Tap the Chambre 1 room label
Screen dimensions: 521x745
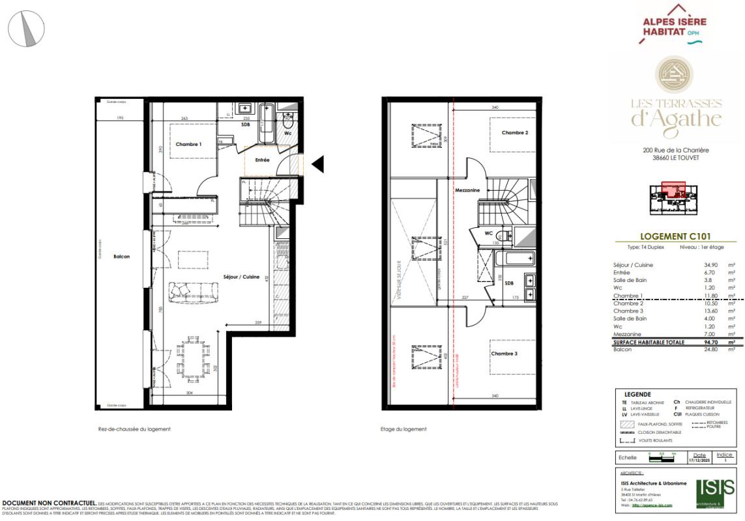click(188, 144)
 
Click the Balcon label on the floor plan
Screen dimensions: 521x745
click(122, 257)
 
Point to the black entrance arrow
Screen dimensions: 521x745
click(317, 165)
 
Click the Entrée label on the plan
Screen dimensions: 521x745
click(262, 160)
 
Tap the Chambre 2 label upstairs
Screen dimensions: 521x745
click(514, 133)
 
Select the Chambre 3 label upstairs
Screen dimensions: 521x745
click(505, 354)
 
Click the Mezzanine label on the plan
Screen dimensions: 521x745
click(468, 190)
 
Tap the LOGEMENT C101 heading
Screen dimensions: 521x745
click(675, 238)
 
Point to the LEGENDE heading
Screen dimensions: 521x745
click(638, 394)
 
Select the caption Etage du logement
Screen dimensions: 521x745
click(403, 429)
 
